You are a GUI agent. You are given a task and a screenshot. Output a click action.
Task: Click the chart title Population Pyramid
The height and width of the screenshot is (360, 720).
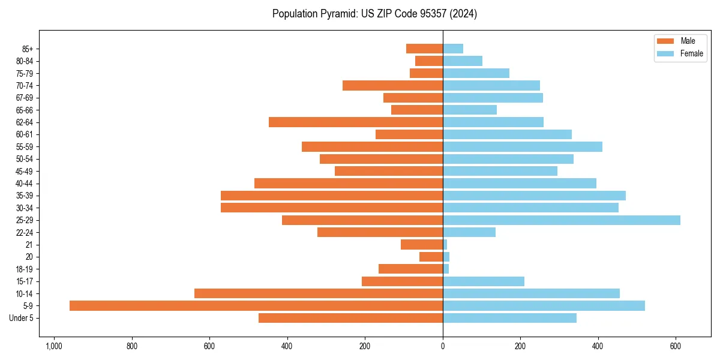pyautogui.click(x=374, y=14)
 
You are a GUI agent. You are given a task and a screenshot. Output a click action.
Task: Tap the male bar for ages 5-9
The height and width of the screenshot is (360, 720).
pyautogui.click(x=256, y=305)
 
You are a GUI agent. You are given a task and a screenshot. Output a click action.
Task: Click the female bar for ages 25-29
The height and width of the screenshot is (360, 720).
pyautogui.click(x=562, y=220)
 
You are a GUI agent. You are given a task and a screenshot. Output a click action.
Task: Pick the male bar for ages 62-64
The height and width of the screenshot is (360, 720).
pyautogui.click(x=356, y=122)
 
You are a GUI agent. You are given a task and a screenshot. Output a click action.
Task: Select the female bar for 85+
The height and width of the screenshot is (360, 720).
pyautogui.click(x=453, y=49)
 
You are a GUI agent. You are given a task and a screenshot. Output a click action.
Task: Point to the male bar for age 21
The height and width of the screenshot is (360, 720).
pyautogui.click(x=422, y=244)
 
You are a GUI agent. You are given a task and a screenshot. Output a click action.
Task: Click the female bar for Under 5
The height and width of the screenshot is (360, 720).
pyautogui.click(x=509, y=318)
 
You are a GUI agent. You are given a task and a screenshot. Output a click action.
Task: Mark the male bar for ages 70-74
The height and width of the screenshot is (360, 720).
pyautogui.click(x=392, y=85)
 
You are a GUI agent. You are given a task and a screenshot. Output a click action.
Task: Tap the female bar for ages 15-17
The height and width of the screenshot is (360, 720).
pyautogui.click(x=484, y=281)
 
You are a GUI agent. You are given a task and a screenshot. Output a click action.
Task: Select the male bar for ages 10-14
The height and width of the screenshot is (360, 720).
pyautogui.click(x=319, y=293)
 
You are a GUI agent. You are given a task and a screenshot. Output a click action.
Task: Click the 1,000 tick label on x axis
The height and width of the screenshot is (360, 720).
pyautogui.click(x=54, y=346)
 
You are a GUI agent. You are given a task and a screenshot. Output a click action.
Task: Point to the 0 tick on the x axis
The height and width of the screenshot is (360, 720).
pyautogui.click(x=443, y=346)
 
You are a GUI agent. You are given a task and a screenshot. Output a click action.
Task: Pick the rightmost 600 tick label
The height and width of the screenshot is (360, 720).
pyautogui.click(x=676, y=346)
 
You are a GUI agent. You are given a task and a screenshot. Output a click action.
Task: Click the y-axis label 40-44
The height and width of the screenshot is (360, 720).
pyautogui.click(x=24, y=184)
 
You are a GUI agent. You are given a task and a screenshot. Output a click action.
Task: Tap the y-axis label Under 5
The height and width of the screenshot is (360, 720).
pyautogui.click(x=21, y=318)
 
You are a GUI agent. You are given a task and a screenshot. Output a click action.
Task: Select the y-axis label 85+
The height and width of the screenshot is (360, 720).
pyautogui.click(x=27, y=49)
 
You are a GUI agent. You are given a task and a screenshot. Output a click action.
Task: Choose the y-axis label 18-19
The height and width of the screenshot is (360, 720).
pyautogui.click(x=24, y=269)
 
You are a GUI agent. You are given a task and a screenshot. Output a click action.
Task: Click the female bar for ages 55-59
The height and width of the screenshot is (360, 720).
pyautogui.click(x=523, y=146)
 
